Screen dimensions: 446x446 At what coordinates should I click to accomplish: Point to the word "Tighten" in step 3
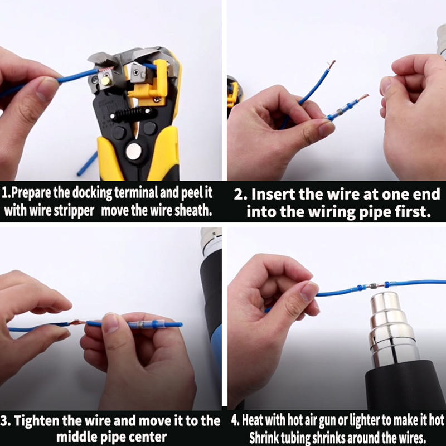(36, 420)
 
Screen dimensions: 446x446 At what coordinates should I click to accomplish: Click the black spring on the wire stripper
(133, 114)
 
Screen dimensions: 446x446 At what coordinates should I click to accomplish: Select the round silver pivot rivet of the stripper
(134, 151)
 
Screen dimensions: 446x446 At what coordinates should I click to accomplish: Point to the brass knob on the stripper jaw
(105, 81)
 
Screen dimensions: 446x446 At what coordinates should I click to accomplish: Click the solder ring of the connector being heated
(373, 285)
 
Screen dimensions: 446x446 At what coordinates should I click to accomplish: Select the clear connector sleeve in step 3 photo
(147, 324)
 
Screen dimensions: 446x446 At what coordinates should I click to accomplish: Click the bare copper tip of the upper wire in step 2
(331, 64)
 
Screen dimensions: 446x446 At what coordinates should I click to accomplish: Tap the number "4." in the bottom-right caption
(235, 420)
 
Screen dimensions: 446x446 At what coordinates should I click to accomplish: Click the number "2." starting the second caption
(240, 195)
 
